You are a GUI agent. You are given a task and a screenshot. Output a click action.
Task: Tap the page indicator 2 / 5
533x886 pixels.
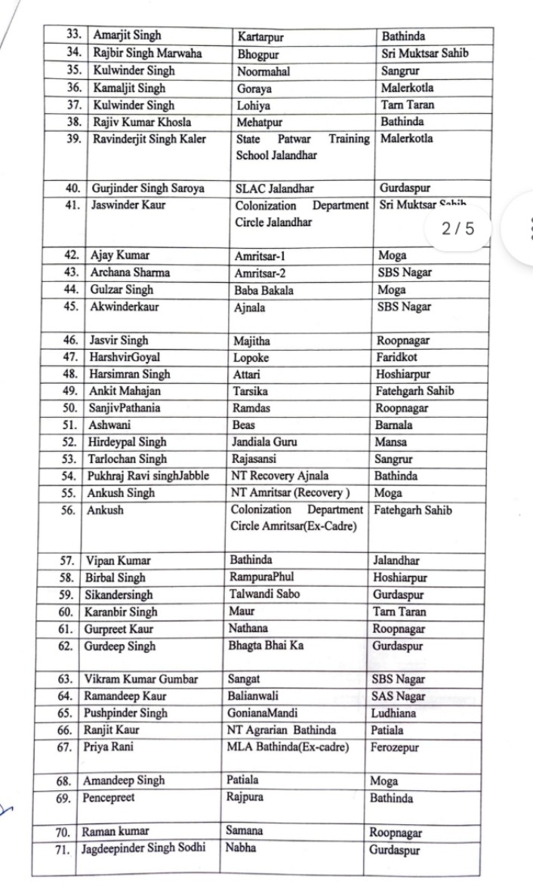(x=458, y=228)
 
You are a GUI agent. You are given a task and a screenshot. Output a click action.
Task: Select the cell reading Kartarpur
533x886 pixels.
(x=260, y=36)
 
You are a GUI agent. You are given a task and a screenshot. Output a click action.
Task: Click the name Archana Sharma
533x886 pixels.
(x=130, y=272)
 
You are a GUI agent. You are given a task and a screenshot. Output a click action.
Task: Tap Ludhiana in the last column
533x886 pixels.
(x=393, y=713)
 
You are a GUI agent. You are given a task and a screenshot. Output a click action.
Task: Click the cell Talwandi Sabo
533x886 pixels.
(x=264, y=594)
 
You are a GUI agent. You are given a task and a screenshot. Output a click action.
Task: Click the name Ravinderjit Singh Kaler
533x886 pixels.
(x=148, y=139)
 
